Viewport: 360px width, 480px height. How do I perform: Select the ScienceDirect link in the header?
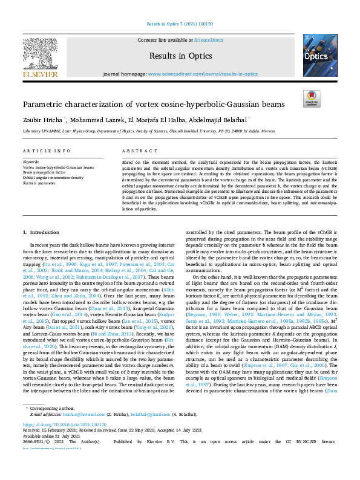click(208, 39)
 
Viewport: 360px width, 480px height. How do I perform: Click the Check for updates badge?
click(312, 99)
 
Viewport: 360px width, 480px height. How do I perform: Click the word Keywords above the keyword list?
click(30, 163)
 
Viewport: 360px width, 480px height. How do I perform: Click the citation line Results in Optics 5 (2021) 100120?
click(180, 25)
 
